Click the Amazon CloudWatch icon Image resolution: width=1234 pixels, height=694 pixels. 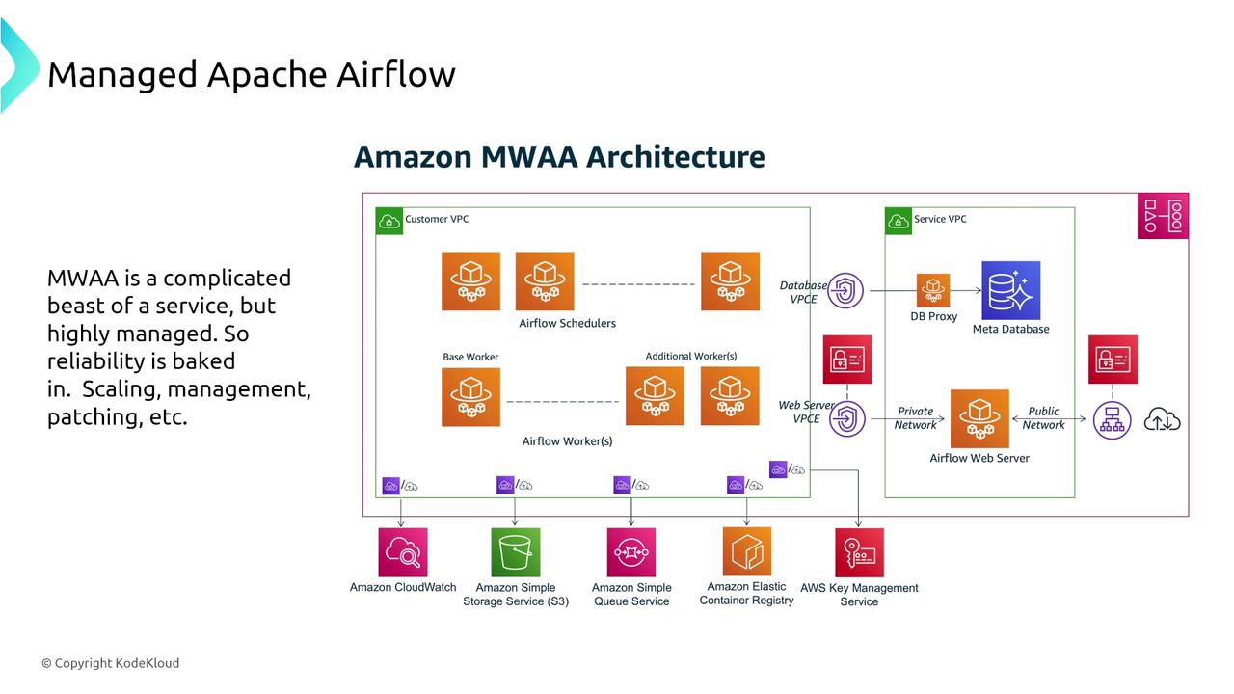click(402, 552)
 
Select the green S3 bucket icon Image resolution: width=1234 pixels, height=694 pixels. click(516, 552)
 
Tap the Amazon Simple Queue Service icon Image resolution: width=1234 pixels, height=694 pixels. click(631, 552)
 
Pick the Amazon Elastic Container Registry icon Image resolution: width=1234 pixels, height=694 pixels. click(747, 551)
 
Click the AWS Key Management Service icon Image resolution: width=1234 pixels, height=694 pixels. click(859, 552)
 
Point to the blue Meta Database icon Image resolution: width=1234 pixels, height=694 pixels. click(1010, 290)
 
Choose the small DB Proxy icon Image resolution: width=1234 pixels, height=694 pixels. click(933, 290)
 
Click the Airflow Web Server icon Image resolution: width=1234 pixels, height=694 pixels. click(979, 418)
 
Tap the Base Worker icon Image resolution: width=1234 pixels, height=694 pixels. click(470, 396)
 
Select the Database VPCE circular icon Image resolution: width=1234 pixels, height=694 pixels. click(845, 290)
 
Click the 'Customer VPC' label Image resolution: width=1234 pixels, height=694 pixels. click(437, 220)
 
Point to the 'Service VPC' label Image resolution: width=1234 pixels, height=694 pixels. click(940, 220)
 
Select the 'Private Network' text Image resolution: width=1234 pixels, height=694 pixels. click(915, 418)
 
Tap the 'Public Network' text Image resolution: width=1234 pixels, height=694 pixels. click(1043, 418)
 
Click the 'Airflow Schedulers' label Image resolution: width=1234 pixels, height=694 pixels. click(567, 324)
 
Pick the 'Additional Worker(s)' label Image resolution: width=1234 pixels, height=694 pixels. click(691, 357)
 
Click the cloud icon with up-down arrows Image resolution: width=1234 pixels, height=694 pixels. click(1162, 419)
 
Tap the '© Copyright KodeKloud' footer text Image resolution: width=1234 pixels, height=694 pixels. click(110, 663)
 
